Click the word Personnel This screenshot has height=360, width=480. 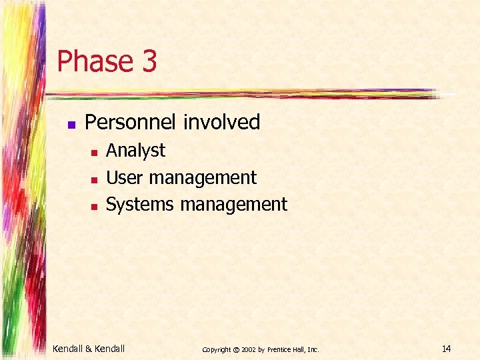132,122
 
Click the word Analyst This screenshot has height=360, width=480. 135,151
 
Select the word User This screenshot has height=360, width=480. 125,178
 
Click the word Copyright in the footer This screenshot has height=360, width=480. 217,349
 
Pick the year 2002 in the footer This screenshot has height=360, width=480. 249,349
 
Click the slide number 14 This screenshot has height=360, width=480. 446,348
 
